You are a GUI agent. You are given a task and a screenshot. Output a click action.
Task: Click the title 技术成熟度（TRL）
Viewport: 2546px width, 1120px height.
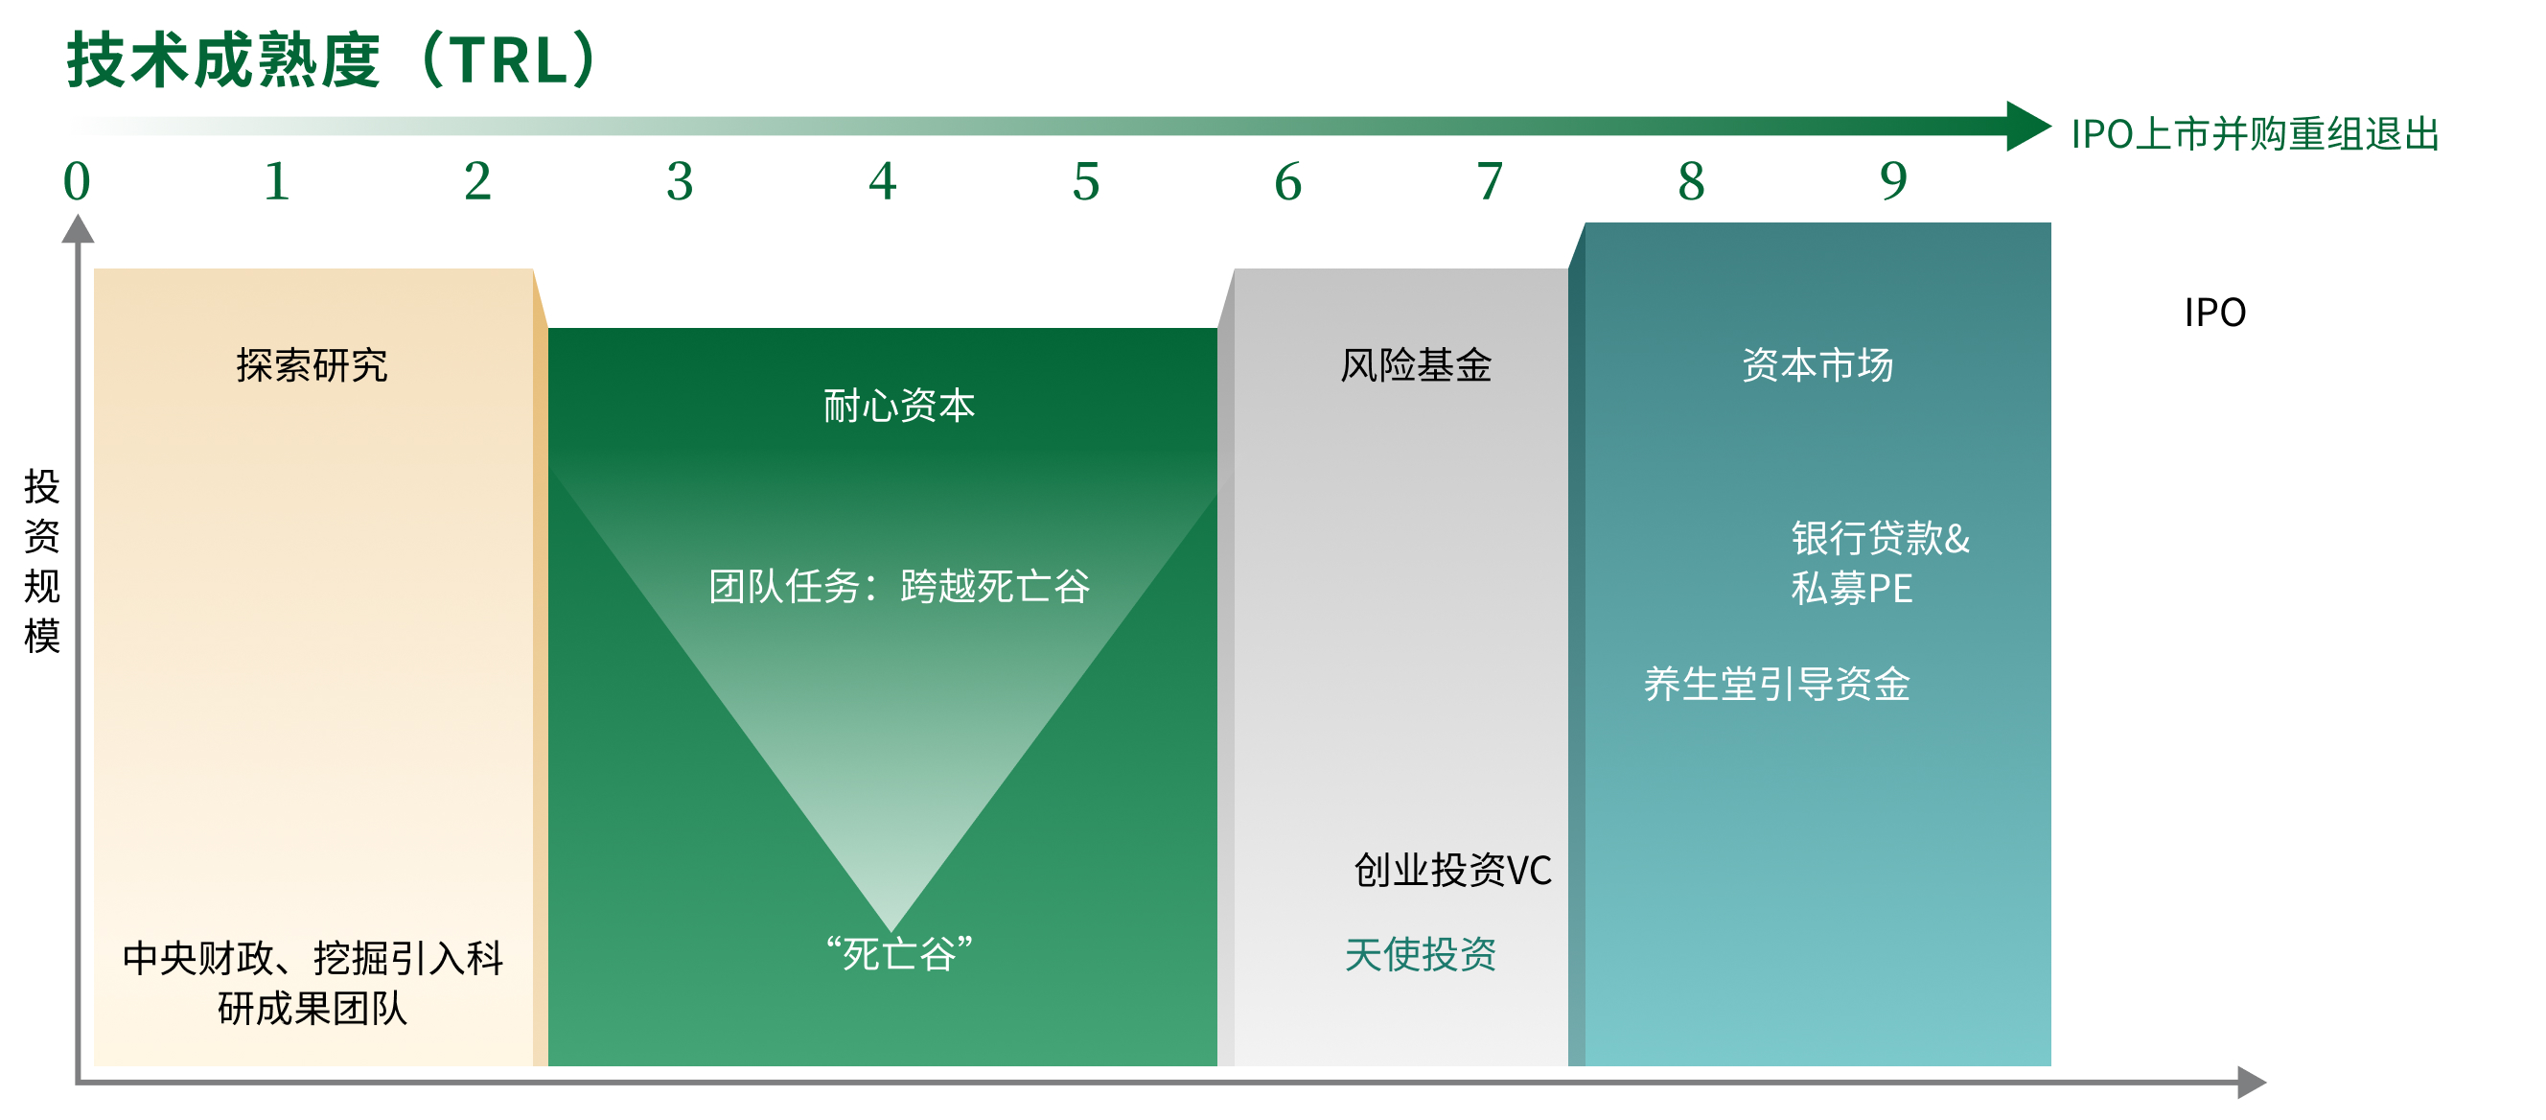pyautogui.click(x=333, y=60)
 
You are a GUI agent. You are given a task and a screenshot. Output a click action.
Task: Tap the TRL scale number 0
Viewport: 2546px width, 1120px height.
pyautogui.click(x=77, y=182)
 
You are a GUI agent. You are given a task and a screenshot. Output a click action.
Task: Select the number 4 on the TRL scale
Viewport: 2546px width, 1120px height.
pyautogui.click(x=883, y=182)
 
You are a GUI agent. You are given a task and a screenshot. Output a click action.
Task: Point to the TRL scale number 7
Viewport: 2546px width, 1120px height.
pyautogui.click(x=1490, y=182)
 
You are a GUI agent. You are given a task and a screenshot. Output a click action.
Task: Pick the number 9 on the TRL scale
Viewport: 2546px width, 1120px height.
pyautogui.click(x=1894, y=182)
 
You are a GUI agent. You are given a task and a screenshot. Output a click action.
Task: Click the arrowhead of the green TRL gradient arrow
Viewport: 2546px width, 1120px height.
pyautogui.click(x=2028, y=127)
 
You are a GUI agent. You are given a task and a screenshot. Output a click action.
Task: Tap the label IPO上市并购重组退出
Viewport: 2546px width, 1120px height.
pyautogui.click(x=2256, y=134)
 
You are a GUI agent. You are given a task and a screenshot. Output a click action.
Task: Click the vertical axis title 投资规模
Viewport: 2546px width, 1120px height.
pyautogui.click(x=42, y=562)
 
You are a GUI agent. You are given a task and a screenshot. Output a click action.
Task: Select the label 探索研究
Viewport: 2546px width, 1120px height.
pyautogui.click(x=312, y=365)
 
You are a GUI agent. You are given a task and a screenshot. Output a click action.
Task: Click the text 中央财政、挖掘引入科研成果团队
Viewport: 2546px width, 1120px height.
pyautogui.click(x=312, y=984)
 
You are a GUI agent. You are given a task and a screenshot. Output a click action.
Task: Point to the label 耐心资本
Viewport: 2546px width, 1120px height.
pyautogui.click(x=899, y=407)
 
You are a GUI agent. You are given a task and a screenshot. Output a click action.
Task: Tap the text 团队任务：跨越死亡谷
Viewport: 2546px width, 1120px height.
pyautogui.click(x=899, y=586)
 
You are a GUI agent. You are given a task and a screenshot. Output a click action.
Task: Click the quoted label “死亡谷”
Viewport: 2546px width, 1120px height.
pyautogui.click(x=899, y=954)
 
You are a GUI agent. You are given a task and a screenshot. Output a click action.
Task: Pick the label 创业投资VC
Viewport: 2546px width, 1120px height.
pyautogui.click(x=1453, y=871)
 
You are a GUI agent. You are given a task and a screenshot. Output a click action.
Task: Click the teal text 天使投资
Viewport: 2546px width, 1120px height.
pyautogui.click(x=1421, y=955)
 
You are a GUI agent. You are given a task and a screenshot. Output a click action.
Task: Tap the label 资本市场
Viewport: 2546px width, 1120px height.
pyautogui.click(x=1817, y=365)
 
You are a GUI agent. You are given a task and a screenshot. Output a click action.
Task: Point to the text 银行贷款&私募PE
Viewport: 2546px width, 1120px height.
pyautogui.click(x=1880, y=564)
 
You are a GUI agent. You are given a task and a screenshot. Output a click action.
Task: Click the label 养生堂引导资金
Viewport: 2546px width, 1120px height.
pyautogui.click(x=1777, y=684)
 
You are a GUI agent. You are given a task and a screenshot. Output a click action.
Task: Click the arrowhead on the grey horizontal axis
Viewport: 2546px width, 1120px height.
pyautogui.click(x=2252, y=1083)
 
